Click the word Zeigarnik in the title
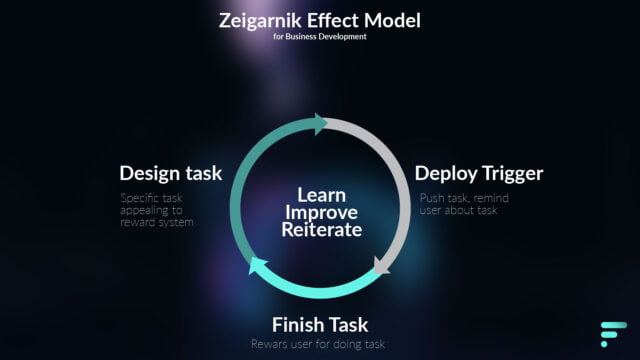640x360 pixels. (260, 21)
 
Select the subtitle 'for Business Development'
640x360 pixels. (320, 37)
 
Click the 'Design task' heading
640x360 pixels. (171, 173)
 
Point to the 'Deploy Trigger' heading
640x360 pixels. (479, 174)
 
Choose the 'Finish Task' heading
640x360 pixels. (320, 325)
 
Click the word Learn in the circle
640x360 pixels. (322, 195)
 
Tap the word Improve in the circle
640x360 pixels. (322, 213)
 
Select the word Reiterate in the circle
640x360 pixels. (322, 229)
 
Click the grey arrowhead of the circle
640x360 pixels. (381, 266)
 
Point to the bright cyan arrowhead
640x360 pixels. (257, 265)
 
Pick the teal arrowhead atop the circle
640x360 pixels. (320, 124)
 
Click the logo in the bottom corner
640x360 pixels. (613, 334)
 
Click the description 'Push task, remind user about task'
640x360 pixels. (464, 204)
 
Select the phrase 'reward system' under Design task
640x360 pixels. (157, 222)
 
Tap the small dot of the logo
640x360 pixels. (604, 344)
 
